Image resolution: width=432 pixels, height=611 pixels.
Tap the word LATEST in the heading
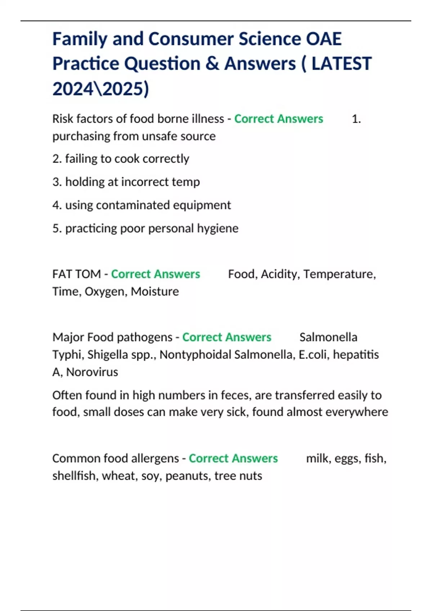(341, 64)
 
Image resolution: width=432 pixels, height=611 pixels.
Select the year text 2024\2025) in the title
(100, 89)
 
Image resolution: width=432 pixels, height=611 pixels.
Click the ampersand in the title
(213, 64)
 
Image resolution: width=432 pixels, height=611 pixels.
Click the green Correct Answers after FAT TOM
(155, 274)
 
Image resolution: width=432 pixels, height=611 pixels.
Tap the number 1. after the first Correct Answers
(356, 119)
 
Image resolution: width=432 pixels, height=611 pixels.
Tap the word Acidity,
(280, 274)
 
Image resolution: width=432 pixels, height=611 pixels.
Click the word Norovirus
(92, 372)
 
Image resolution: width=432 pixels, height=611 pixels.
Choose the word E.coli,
(314, 354)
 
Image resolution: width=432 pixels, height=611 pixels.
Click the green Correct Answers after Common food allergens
(233, 458)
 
